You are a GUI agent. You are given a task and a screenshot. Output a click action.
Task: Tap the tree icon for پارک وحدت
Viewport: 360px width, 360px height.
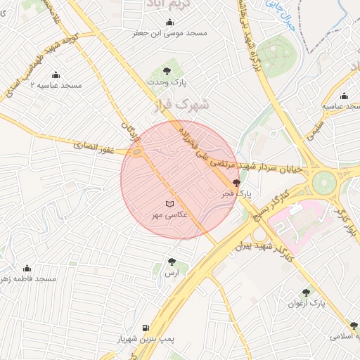coord(167,71)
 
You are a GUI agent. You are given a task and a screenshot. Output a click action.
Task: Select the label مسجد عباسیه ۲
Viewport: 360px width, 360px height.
coord(56,85)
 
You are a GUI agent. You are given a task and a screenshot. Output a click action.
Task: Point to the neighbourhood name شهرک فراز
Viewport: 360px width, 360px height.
coord(181,106)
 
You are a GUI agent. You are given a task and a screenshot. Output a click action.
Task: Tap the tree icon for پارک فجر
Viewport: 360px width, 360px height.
coord(236,182)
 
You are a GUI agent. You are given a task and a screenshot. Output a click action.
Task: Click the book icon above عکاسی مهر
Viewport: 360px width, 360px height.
coord(168,204)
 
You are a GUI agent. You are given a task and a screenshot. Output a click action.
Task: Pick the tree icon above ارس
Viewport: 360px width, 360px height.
coord(171,262)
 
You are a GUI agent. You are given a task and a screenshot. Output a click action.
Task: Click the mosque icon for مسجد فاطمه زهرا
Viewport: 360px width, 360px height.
coord(27,268)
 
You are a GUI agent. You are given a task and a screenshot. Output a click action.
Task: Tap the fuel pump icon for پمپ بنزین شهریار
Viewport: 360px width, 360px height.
coord(146,328)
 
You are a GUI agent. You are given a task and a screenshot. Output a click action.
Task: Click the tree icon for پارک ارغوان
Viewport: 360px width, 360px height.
coord(306,292)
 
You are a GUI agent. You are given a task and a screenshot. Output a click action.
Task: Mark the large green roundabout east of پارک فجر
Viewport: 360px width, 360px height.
coord(324,182)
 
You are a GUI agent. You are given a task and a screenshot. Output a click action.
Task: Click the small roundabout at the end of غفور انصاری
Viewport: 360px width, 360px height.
coord(137,151)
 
